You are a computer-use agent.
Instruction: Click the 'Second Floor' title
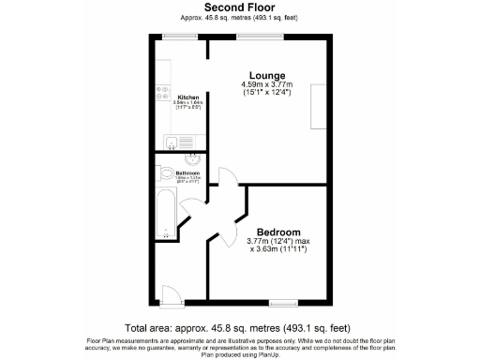(239, 7)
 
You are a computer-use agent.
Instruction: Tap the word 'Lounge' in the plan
(267, 75)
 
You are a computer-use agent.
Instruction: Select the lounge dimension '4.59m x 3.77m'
(267, 85)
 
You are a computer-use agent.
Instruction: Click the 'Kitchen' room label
(187, 97)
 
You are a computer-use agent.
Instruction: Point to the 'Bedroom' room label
(278, 232)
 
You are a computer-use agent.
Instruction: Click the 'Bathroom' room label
(188, 172)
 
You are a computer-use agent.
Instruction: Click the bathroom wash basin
(194, 159)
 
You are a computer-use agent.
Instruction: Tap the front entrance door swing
(170, 294)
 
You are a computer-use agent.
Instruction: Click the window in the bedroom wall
(280, 302)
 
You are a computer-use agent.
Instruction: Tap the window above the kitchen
(177, 37)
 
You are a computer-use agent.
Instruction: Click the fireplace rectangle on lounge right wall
(319, 106)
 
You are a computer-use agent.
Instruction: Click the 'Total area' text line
(239, 328)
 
